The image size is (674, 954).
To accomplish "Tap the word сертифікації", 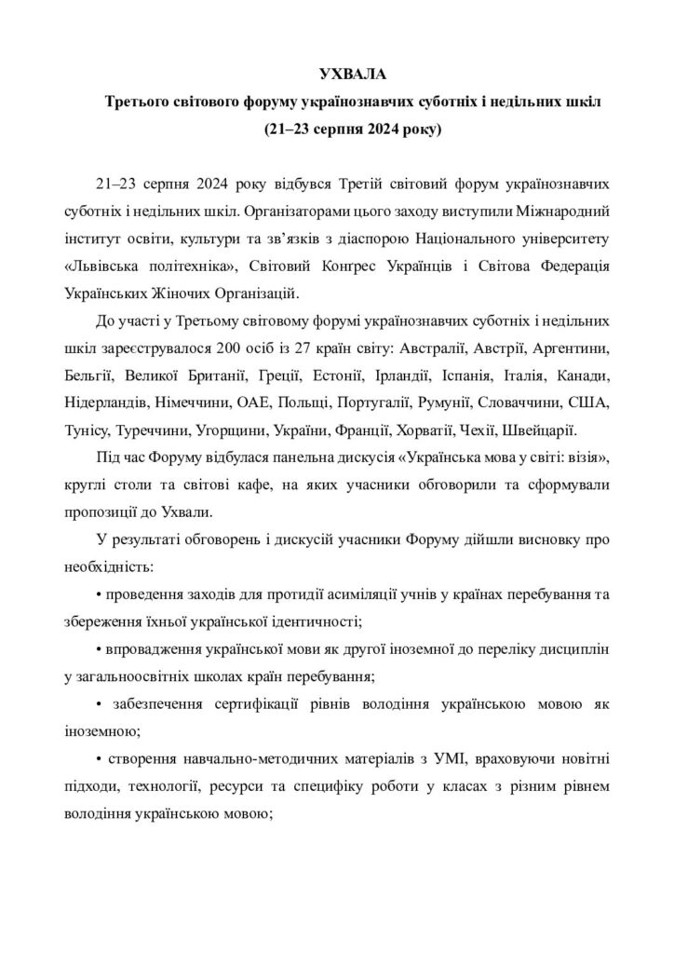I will coord(291,703).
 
